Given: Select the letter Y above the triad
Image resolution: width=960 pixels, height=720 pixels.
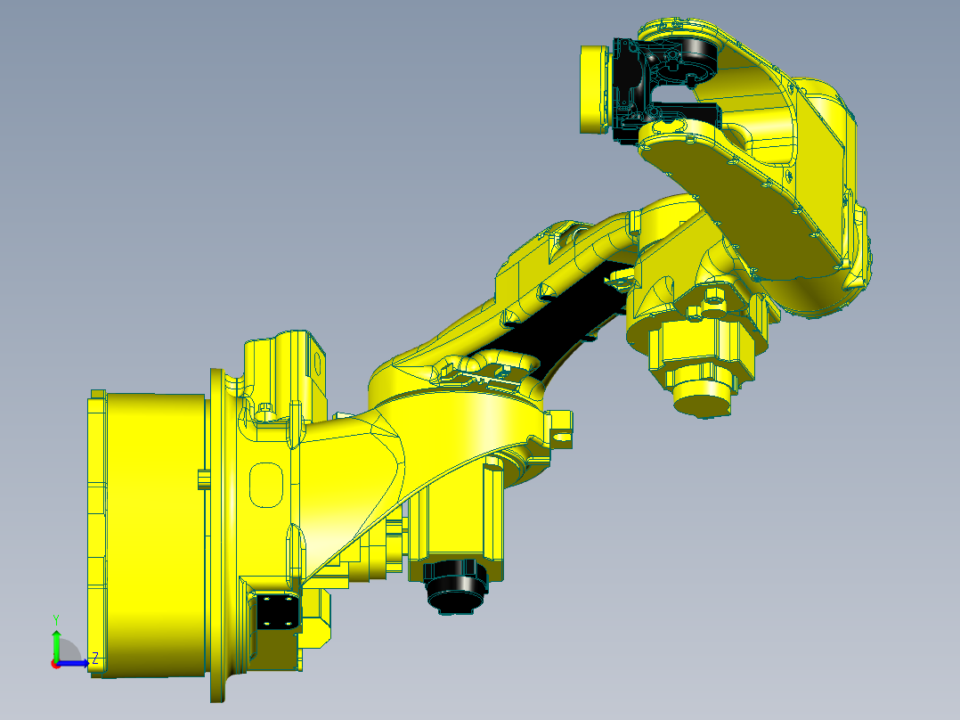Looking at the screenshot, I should pos(56,618).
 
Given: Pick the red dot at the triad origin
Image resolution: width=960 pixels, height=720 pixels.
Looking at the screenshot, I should pos(55,663).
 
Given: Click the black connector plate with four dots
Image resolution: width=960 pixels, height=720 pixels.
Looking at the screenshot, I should pos(277,612).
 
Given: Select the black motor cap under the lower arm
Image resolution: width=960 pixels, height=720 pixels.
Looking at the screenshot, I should pos(457,587).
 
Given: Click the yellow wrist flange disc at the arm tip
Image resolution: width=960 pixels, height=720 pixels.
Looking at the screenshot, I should pos(591,89).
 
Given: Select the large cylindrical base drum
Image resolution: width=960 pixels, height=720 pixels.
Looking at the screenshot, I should pos(151,535).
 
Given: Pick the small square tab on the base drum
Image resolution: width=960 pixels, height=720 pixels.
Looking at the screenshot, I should pos(202,479).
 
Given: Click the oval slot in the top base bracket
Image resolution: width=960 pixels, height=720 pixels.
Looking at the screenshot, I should pos(316,361).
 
